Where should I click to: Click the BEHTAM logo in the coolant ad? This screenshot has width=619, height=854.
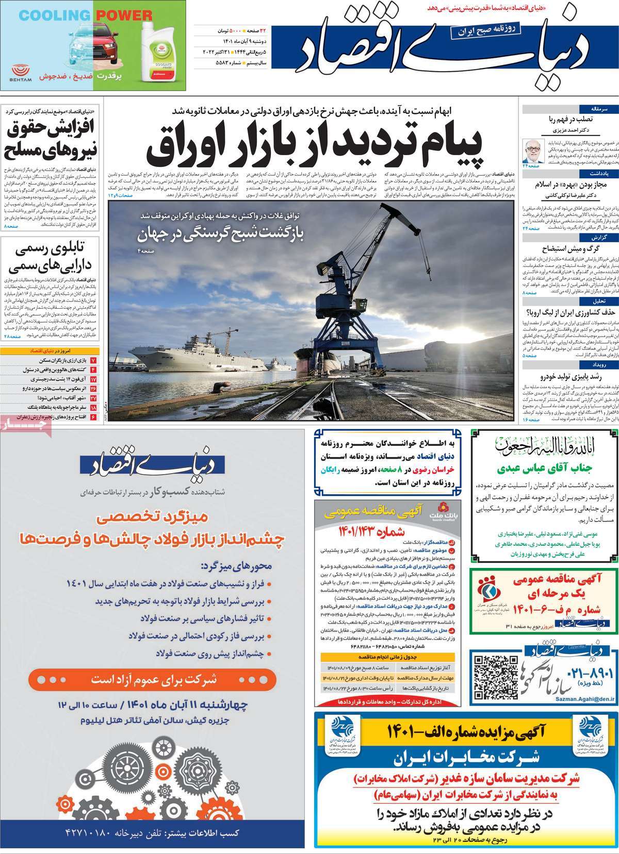pyautogui.click(x=21, y=72)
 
